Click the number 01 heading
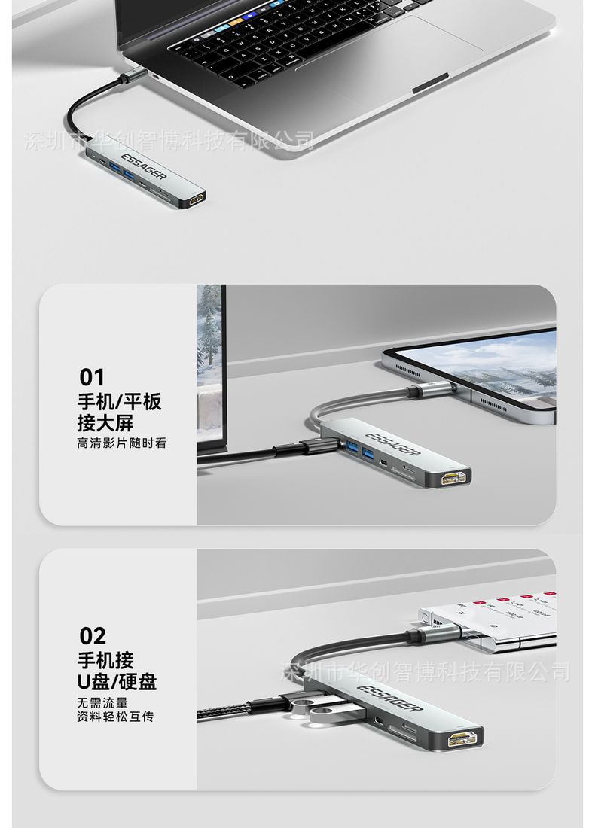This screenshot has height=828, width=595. [x=92, y=376]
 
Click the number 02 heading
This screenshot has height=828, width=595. [x=93, y=636]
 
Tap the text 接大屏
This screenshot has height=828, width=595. [x=105, y=422]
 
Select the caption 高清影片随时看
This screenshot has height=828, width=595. [x=121, y=443]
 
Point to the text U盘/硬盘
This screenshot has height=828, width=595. [x=117, y=682]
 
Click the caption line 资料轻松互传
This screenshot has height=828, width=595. [x=115, y=717]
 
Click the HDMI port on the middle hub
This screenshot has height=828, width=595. [x=456, y=477]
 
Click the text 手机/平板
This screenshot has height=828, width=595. [x=119, y=401]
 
